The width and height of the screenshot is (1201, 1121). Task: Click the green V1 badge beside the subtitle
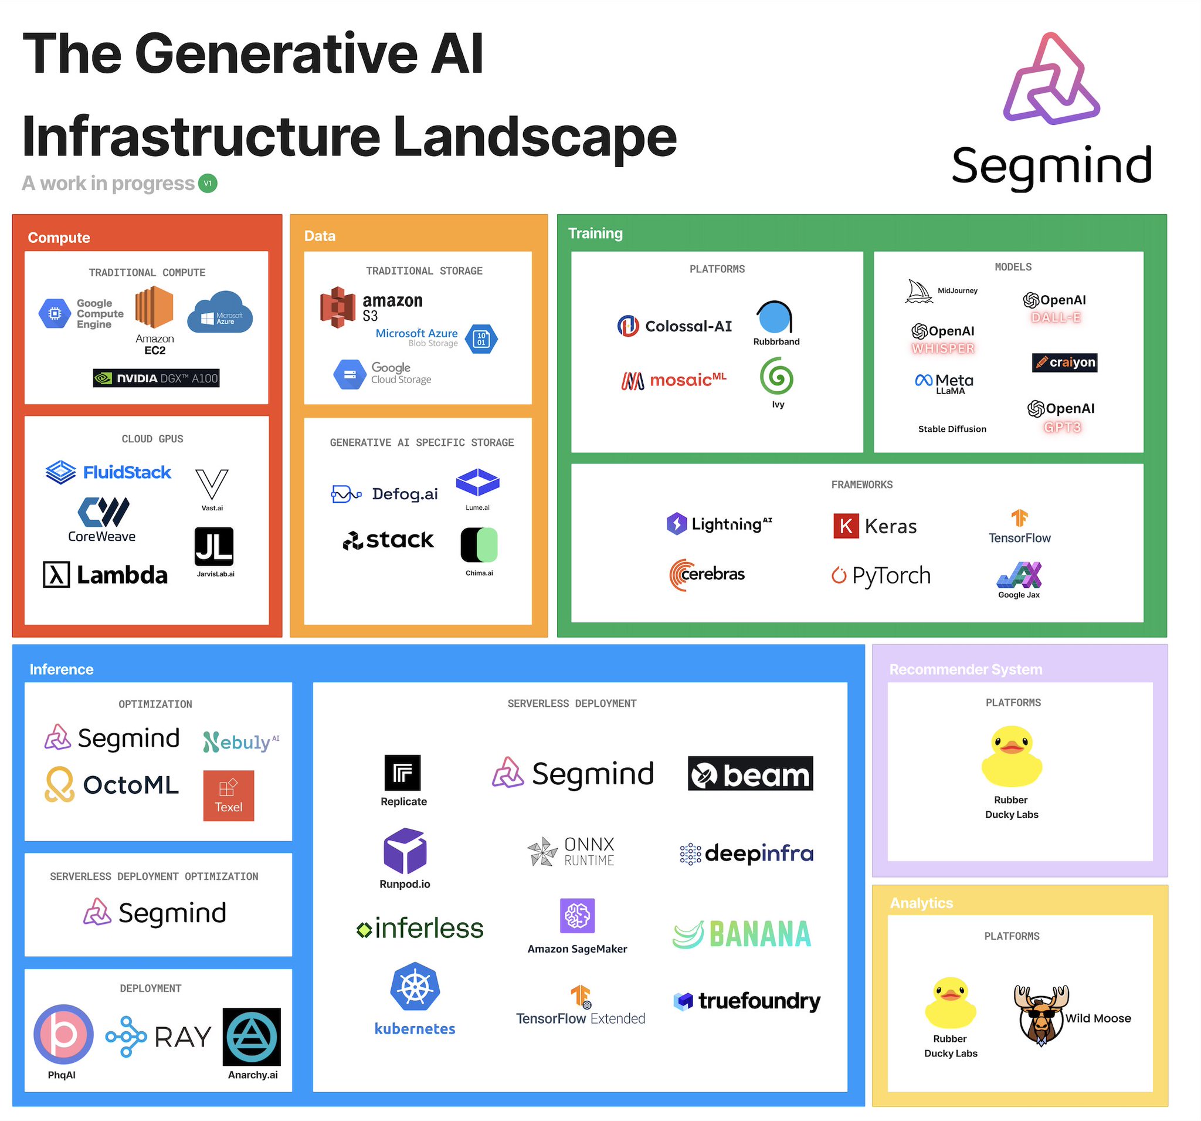click(x=207, y=183)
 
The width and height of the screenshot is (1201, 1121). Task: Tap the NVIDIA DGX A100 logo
click(x=156, y=378)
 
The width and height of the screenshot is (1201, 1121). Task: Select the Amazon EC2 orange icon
click(x=154, y=307)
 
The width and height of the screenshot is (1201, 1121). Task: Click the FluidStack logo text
click(x=127, y=472)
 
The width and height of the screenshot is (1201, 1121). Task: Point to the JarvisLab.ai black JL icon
click(x=214, y=546)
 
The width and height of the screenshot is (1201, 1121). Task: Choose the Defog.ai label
click(x=405, y=495)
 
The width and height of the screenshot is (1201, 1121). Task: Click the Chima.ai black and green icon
click(x=479, y=544)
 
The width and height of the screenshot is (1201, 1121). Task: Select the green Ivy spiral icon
click(x=776, y=377)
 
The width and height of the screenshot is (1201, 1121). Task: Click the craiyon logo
click(x=1064, y=363)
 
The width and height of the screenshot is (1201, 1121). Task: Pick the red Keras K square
click(x=846, y=526)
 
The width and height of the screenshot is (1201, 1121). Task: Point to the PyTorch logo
click(x=881, y=575)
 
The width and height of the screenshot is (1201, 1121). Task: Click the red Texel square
click(x=228, y=795)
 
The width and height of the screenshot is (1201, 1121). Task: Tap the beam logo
click(x=750, y=774)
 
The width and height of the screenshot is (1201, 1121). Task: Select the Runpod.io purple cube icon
click(x=405, y=851)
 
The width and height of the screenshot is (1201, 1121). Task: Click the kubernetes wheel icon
click(x=415, y=987)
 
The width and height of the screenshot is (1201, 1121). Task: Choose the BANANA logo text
click(x=760, y=934)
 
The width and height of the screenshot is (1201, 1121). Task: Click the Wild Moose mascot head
click(x=1041, y=1017)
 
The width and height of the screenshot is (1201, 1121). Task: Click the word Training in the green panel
click(x=595, y=233)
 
